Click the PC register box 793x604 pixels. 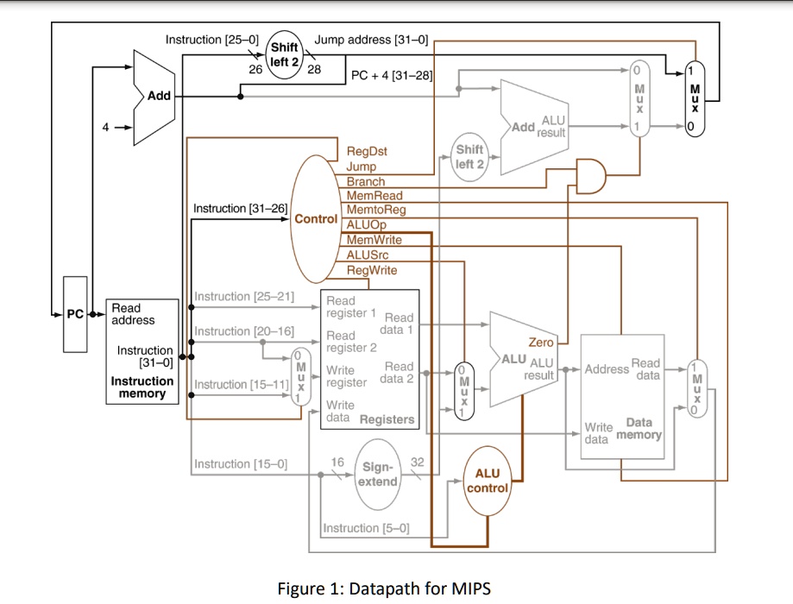click(76, 314)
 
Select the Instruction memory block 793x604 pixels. click(142, 350)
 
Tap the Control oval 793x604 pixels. click(316, 216)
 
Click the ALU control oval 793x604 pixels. click(488, 481)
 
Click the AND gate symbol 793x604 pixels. click(592, 176)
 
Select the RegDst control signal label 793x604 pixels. click(367, 152)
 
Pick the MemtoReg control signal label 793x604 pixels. click(375, 210)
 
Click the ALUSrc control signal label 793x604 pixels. click(372, 255)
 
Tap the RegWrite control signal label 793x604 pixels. click(372, 270)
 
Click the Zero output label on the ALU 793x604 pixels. click(541, 343)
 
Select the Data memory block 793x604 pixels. click(623, 383)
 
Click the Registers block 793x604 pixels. click(370, 359)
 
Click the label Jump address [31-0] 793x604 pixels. click(371, 40)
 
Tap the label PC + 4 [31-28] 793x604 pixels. click(391, 76)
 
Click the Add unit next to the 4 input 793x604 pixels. click(155, 96)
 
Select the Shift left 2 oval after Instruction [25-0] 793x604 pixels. click(284, 54)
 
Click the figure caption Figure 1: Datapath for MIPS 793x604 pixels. click(383, 588)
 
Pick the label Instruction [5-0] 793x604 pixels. click(366, 528)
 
